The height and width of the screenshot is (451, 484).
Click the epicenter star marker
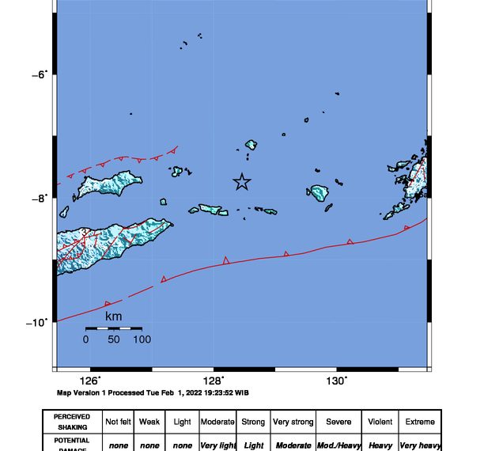click(x=241, y=182)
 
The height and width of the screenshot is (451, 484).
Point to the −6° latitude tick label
click(x=38, y=74)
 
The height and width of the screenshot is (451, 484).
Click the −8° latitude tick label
click(x=38, y=198)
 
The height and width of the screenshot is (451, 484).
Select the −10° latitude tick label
click(x=36, y=322)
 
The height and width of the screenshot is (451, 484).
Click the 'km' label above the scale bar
click(x=113, y=316)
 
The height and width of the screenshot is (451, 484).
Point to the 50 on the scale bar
click(x=114, y=339)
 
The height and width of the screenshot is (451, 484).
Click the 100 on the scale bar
click(x=142, y=339)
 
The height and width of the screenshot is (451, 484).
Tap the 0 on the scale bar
click(x=85, y=339)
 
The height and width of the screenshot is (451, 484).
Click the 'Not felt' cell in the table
click(x=119, y=422)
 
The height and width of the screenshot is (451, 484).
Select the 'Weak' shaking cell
click(x=149, y=422)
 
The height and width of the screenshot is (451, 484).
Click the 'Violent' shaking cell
click(x=380, y=422)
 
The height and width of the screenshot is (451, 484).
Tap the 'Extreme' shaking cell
click(x=420, y=422)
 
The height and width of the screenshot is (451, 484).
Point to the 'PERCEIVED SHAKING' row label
click(x=72, y=422)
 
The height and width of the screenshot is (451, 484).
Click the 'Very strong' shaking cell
click(x=293, y=422)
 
